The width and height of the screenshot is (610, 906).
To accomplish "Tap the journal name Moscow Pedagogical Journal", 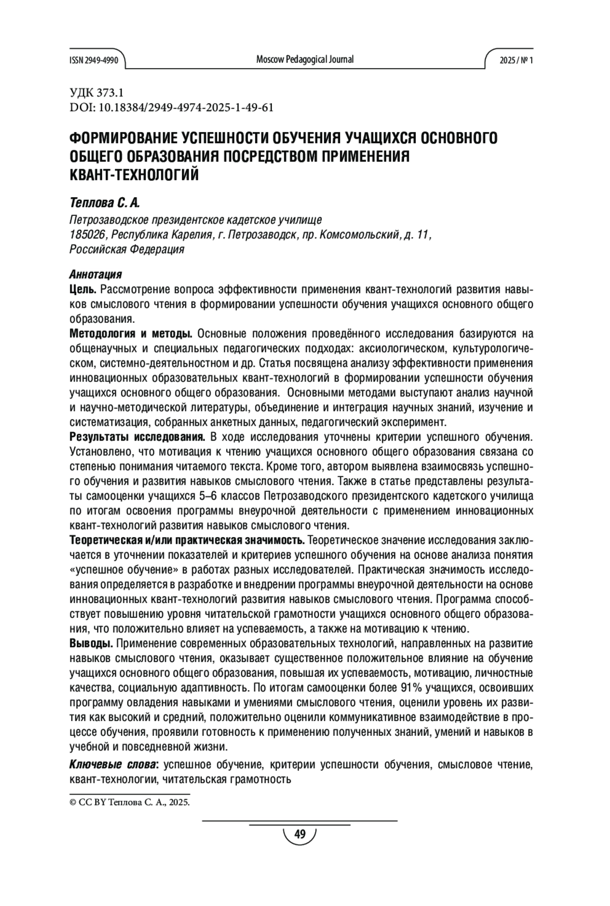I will tap(305, 59).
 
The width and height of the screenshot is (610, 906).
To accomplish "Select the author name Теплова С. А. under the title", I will tap(104, 203).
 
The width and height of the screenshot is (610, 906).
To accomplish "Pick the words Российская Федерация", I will tap(127, 249).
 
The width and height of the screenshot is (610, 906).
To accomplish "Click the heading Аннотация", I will tap(96, 275).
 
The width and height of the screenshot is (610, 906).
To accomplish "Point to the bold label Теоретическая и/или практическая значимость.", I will tap(187, 540).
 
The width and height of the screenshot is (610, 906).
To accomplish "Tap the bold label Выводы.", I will tap(91, 644).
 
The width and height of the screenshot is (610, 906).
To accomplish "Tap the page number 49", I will tap(299, 834).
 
